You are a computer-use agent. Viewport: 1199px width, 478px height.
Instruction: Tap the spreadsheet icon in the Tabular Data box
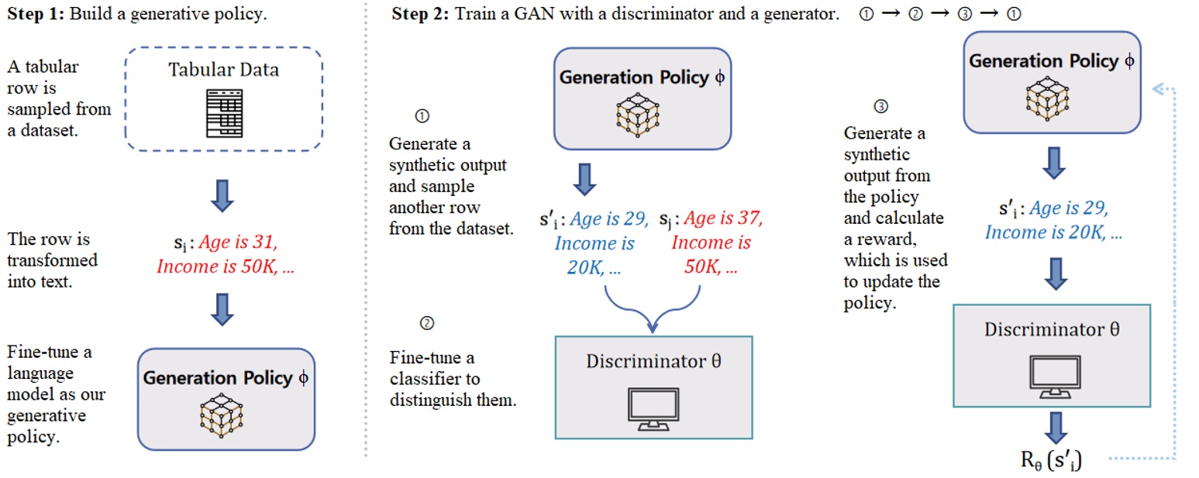[x=222, y=113]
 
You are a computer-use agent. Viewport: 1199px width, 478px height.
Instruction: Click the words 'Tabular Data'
[x=223, y=70]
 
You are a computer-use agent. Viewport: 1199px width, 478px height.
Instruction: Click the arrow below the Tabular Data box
[x=223, y=194]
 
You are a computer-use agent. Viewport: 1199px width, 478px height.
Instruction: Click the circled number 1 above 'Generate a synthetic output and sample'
[x=422, y=116]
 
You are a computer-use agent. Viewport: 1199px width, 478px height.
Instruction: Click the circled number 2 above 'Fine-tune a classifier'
[x=425, y=323]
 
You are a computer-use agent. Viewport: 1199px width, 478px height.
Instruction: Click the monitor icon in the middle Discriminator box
[x=653, y=409]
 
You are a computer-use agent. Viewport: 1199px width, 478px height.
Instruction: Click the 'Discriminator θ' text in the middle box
[x=653, y=361]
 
